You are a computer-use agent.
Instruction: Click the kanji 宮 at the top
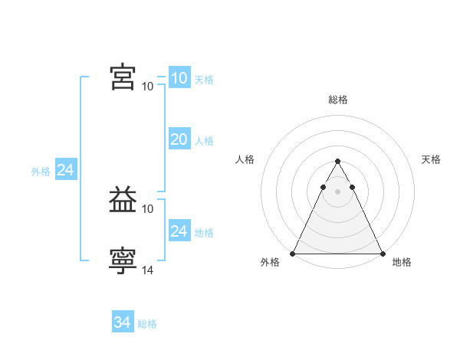[123, 77]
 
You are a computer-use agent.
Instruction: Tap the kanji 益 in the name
[123, 201]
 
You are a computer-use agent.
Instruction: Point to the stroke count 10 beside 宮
[148, 86]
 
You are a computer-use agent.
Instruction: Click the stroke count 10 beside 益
[148, 208]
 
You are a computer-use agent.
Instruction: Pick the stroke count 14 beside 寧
[148, 270]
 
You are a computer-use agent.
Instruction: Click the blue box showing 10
[179, 78]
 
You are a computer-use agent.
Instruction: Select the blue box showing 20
[179, 139]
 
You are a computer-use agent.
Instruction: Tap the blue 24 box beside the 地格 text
[179, 231]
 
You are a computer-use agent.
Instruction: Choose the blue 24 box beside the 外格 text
[66, 171]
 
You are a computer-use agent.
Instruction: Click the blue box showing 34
[123, 323]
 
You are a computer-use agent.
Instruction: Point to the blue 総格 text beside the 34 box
[147, 324]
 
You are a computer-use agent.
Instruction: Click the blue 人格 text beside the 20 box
[204, 141]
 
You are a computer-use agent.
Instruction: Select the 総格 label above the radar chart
[337, 100]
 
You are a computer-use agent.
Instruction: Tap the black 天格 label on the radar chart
[431, 159]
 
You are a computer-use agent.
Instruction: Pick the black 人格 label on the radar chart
[245, 159]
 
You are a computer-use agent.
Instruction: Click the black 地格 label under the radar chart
[402, 263]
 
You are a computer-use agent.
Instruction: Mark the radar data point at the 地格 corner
[382, 254]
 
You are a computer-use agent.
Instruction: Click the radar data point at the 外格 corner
[293, 254]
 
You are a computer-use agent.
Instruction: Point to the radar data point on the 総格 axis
[337, 162]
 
